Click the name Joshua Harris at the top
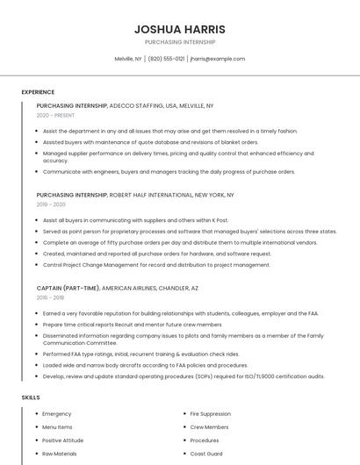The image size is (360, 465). pyautogui.click(x=179, y=29)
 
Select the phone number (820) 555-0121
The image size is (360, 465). pyautogui.click(x=166, y=59)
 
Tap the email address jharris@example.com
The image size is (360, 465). pyautogui.click(x=218, y=59)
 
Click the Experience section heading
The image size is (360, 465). pyautogui.click(x=38, y=92)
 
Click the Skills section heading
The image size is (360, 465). pyautogui.click(x=31, y=397)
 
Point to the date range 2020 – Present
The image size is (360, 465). pyautogui.click(x=55, y=115)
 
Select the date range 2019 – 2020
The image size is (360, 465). pyautogui.click(x=51, y=204)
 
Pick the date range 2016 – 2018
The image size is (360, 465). pyautogui.click(x=51, y=297)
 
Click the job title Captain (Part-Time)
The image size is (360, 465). pyautogui.click(x=68, y=288)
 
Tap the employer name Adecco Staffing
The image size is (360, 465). pyautogui.click(x=136, y=105)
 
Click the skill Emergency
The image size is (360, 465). pyautogui.click(x=57, y=414)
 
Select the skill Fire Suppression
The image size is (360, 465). pyautogui.click(x=211, y=414)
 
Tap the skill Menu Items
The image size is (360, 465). pyautogui.click(x=57, y=427)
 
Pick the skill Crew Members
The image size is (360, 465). pyautogui.click(x=209, y=427)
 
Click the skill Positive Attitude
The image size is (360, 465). pyautogui.click(x=62, y=440)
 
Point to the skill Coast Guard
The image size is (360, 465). pyautogui.click(x=207, y=454)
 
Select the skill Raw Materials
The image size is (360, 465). pyautogui.click(x=60, y=454)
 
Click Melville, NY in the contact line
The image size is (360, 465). pyautogui.click(x=128, y=59)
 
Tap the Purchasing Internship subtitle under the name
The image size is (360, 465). pyautogui.click(x=179, y=42)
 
